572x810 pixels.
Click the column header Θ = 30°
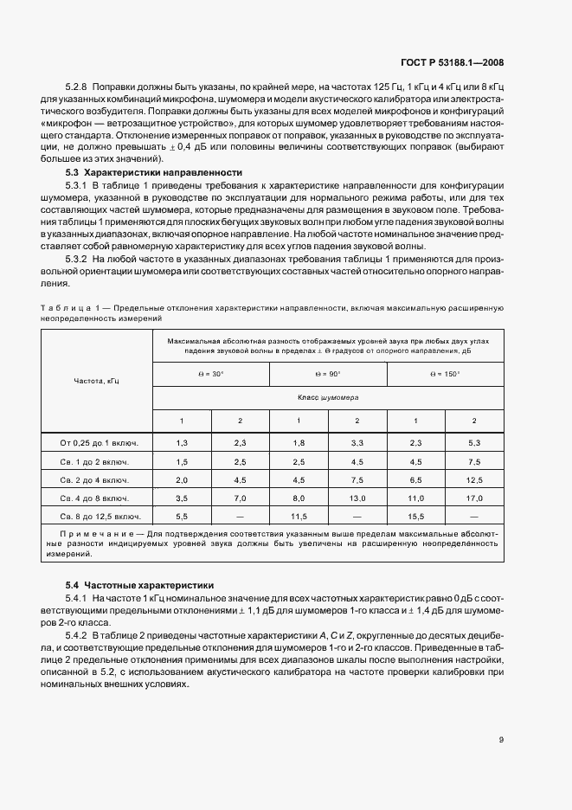(211, 374)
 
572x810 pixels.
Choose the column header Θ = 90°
(328, 374)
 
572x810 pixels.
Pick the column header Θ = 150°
(445, 374)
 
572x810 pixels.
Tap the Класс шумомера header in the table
(328, 397)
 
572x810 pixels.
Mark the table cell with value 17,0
(473, 498)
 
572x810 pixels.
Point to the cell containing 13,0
(357, 498)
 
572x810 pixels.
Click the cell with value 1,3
(182, 443)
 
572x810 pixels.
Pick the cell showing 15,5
(415, 516)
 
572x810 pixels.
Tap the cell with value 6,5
(415, 479)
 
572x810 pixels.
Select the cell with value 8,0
(299, 498)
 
